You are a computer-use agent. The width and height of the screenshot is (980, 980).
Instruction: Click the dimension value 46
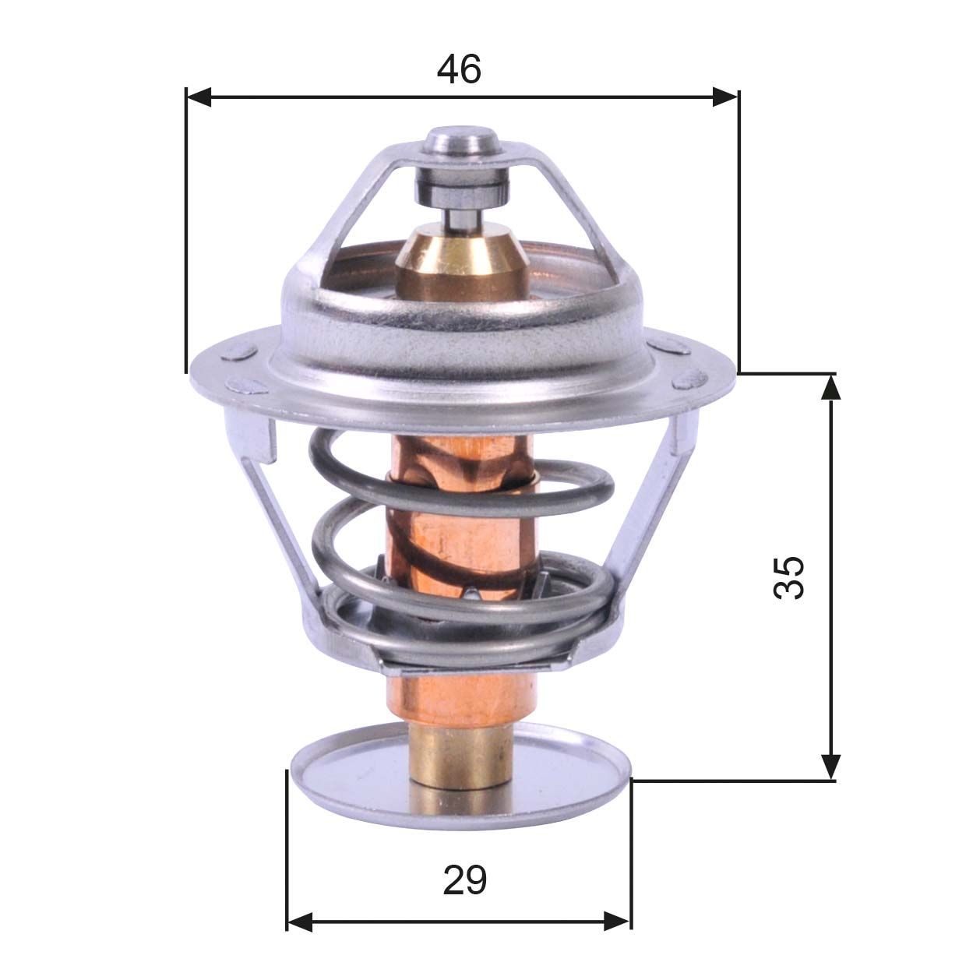click(x=459, y=69)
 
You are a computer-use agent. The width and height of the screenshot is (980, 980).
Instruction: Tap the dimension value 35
click(x=788, y=576)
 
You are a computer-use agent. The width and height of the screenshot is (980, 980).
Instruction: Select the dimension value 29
click(x=465, y=880)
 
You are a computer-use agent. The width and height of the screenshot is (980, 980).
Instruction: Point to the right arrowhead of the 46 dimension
click(x=725, y=97)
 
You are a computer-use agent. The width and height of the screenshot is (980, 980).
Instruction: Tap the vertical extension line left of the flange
click(x=187, y=234)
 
